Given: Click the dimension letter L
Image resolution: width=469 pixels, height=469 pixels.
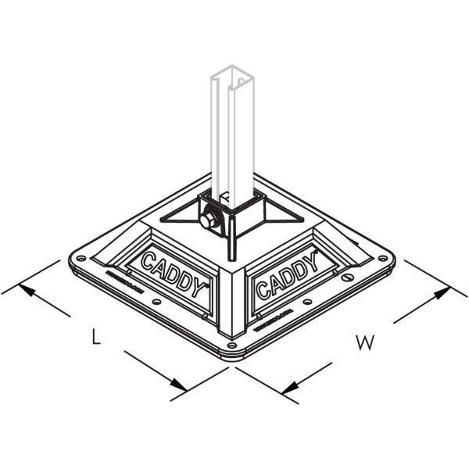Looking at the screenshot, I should point(95,338).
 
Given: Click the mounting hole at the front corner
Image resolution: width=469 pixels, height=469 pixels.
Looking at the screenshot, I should point(231,344).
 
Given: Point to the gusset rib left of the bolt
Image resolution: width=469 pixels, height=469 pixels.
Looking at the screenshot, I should point(184,214).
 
